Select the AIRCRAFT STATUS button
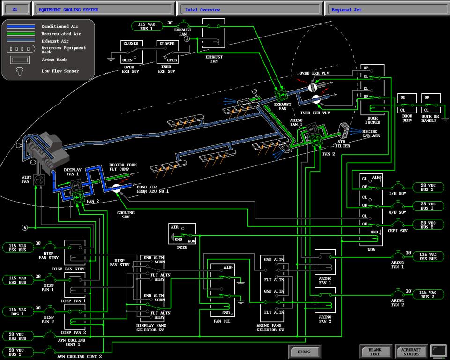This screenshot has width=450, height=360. pyautogui.click(x=411, y=352)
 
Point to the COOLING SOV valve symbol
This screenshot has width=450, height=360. pyautogui.click(x=117, y=188)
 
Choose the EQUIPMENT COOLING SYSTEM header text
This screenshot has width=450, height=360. pyautogui.click(x=68, y=9)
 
